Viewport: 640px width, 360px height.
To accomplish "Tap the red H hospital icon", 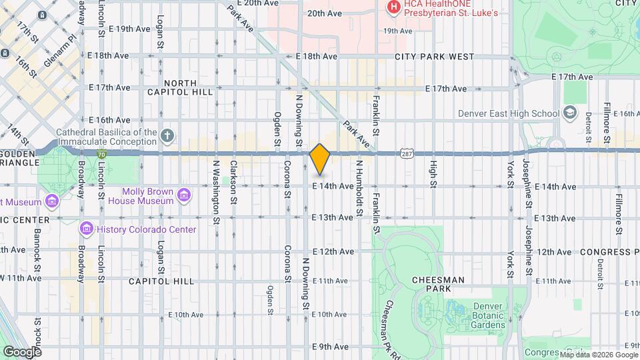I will click(x=393, y=7).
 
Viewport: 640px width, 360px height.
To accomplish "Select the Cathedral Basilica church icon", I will click(x=167, y=137).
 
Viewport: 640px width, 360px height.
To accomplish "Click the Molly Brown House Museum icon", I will click(x=184, y=195).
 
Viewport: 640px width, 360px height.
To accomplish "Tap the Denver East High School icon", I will click(x=569, y=113).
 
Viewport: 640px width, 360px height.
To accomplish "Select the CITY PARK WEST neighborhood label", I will click(x=434, y=57).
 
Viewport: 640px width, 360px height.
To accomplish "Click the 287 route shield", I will click(x=405, y=153).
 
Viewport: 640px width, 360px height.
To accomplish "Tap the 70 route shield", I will click(x=101, y=153).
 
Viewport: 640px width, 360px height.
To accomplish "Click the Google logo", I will click(x=21, y=351).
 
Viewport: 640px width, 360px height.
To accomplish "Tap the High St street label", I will click(x=433, y=173).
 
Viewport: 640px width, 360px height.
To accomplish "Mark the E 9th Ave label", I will click(x=331, y=347).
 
